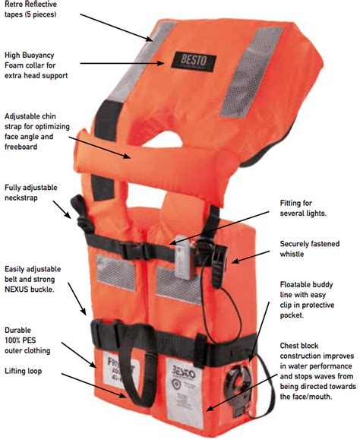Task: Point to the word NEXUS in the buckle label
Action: click(20, 279)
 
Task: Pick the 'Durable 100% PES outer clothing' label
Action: click(28, 340)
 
